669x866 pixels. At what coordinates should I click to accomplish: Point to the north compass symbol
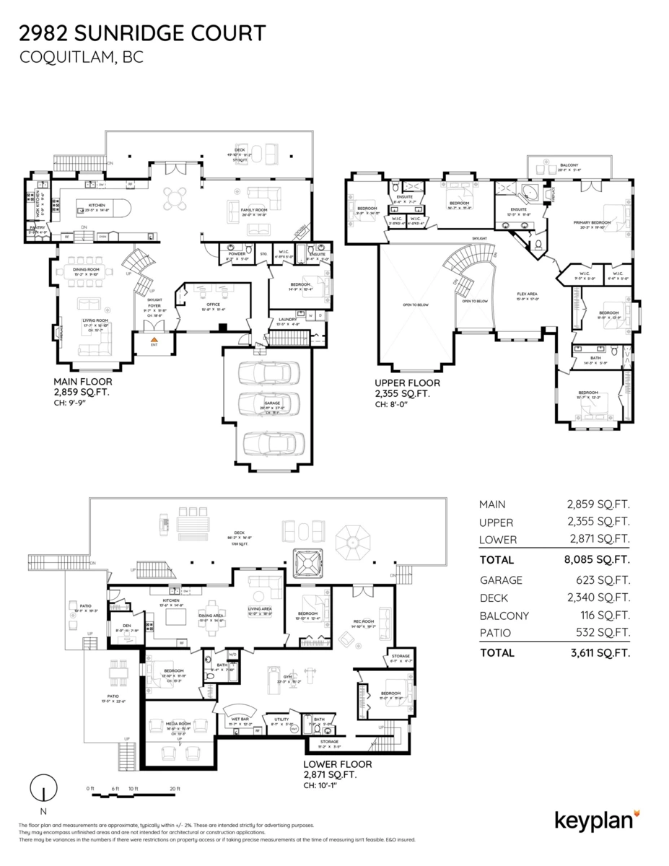[x=44, y=786]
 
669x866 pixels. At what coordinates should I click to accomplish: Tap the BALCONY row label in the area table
[x=504, y=616]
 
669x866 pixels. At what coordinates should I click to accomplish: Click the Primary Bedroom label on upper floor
[x=592, y=222]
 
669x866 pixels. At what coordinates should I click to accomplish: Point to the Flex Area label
[x=527, y=294]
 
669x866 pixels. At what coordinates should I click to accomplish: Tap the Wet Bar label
[x=241, y=719]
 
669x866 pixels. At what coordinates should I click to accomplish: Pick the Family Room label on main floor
[x=254, y=209]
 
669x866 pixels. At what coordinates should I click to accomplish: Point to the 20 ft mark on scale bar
[x=173, y=788]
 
